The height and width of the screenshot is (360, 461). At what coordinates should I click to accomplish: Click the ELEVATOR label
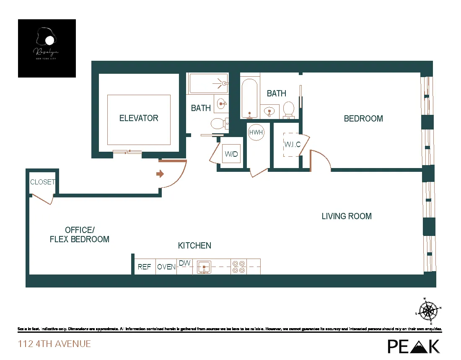click(x=139, y=118)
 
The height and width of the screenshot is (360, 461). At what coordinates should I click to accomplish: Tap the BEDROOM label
click(x=363, y=119)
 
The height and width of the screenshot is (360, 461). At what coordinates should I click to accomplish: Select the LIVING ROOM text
click(x=347, y=216)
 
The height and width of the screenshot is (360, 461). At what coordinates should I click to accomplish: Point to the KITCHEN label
click(x=194, y=246)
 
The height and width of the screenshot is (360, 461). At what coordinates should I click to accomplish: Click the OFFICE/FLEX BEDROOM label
click(x=80, y=235)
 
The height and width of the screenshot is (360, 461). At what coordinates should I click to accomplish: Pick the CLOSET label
click(x=42, y=182)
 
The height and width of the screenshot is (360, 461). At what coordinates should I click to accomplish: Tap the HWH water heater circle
click(x=256, y=132)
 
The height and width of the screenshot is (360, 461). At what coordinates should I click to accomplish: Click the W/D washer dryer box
click(x=231, y=154)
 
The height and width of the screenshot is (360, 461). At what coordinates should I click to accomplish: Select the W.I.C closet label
click(x=293, y=145)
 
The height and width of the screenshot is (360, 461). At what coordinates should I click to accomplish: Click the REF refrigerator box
click(x=145, y=267)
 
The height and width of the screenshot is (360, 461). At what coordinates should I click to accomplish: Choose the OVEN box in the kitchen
click(x=166, y=267)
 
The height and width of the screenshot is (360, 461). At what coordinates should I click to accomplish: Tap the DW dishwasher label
click(x=184, y=263)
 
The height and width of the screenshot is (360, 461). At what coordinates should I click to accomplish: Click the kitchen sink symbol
click(x=204, y=267)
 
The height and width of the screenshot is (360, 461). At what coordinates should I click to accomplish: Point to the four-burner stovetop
click(x=238, y=267)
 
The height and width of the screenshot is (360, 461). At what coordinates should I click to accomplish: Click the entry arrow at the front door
click(x=160, y=174)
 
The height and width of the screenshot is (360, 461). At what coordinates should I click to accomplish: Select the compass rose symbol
click(x=428, y=311)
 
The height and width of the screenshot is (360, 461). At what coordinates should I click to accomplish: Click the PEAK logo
click(x=413, y=346)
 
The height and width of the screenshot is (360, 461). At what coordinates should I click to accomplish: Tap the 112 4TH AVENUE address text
click(x=54, y=344)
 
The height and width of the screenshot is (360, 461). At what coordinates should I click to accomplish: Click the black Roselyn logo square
click(x=47, y=48)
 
